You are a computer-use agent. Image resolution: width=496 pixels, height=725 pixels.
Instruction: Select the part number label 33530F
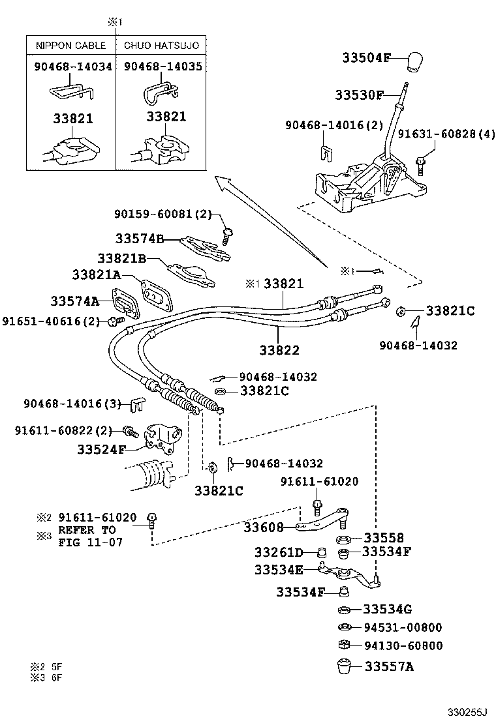click(x=359, y=95)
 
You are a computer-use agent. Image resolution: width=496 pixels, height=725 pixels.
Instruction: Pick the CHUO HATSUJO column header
click(x=161, y=46)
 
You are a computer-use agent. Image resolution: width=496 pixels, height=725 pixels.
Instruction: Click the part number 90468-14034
click(x=72, y=67)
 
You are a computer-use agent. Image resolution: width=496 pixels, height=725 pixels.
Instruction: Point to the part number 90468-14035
click(x=163, y=67)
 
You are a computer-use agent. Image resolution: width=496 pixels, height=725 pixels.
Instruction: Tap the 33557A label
click(x=389, y=666)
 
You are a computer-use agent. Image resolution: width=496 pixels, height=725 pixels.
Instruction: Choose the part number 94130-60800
click(x=403, y=646)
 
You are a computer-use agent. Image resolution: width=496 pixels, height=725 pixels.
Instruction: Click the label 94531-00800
click(x=403, y=628)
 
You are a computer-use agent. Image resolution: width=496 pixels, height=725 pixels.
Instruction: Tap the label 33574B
click(x=139, y=239)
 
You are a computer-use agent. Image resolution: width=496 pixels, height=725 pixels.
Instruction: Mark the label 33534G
click(x=388, y=610)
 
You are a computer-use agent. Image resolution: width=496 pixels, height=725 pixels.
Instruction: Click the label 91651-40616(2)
click(x=52, y=321)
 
